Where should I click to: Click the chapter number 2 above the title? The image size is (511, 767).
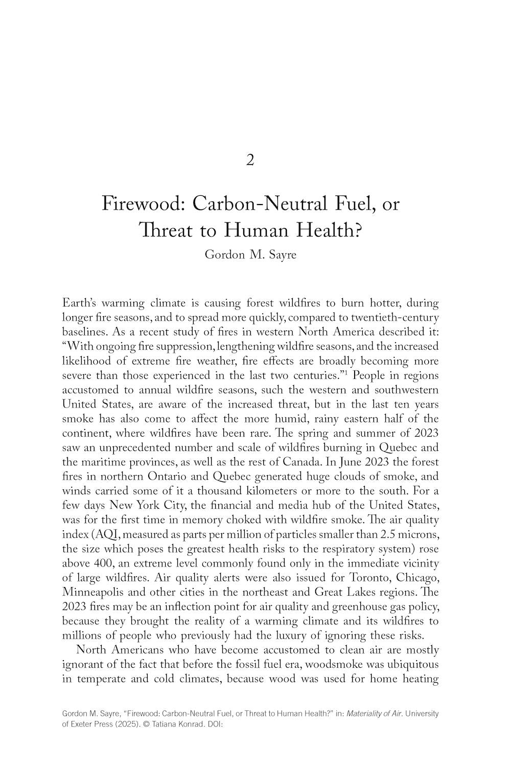(x=250, y=161)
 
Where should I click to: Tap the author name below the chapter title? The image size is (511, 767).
(x=250, y=255)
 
